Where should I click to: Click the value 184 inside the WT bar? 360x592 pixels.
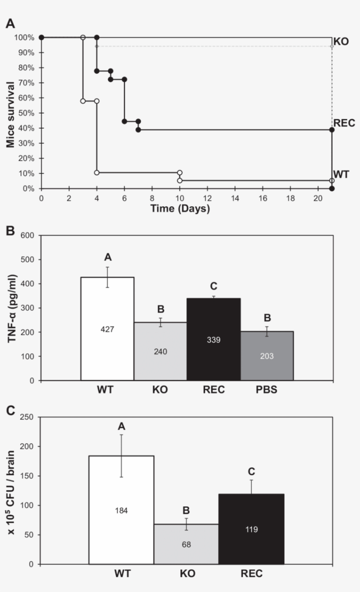121,510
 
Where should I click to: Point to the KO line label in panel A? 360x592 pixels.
341,42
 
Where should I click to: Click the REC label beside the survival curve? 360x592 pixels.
344,123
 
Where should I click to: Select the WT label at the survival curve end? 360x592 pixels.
342,175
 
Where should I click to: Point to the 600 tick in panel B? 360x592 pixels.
27,235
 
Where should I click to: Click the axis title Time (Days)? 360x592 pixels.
180,208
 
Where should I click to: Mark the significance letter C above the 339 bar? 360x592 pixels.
214,286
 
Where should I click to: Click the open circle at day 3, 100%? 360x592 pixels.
83,37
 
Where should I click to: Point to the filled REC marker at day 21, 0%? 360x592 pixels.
332,189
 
